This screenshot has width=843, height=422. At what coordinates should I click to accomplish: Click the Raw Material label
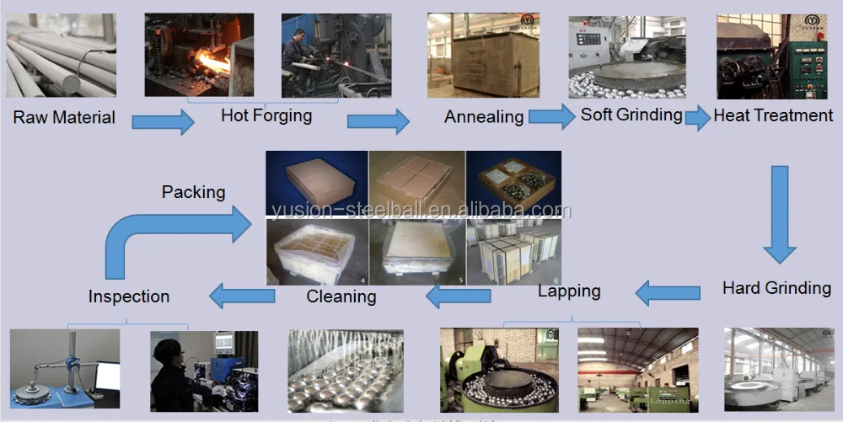coord(64,118)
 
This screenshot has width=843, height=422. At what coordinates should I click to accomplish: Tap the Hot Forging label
coord(266,115)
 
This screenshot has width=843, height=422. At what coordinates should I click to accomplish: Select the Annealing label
coord(484,117)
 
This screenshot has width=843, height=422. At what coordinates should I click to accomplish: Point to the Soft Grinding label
coord(631,115)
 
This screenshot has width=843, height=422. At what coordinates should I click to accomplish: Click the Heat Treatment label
coord(773,115)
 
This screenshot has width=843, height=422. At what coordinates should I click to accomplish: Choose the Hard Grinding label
coord(776,288)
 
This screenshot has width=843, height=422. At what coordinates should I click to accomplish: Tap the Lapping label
coord(569,291)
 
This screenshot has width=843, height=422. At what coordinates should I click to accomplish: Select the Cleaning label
coord(341,296)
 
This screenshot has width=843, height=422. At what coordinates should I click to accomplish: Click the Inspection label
coord(129,296)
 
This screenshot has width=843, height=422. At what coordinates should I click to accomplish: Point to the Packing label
coord(194,192)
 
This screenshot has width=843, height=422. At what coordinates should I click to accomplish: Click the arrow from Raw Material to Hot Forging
coord(163,123)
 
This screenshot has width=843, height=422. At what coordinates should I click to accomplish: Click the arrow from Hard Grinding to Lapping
coord(667,293)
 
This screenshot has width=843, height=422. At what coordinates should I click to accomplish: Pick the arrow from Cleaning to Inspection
coord(242,295)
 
